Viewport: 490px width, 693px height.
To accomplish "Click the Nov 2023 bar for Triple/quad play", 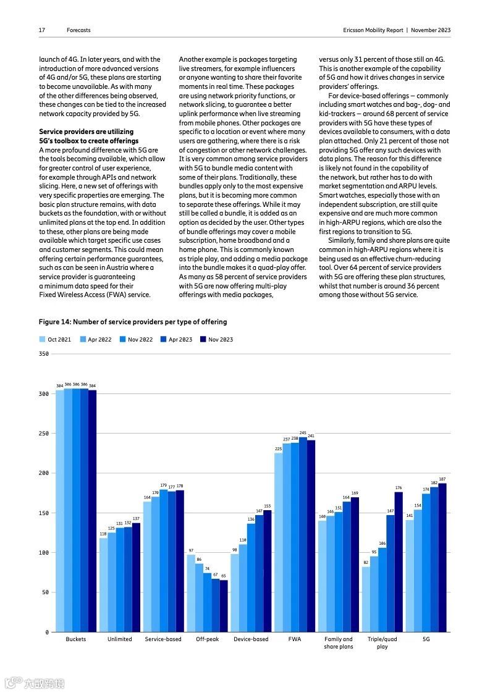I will (x=399, y=561).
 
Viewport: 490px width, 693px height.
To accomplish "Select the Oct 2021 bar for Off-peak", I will (x=191, y=593).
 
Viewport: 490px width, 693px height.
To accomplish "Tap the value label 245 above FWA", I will (x=303, y=433).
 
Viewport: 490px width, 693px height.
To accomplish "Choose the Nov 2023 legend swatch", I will (x=203, y=339).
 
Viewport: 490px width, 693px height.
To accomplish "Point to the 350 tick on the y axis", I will (x=43, y=354).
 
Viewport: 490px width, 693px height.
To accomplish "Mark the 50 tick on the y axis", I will (x=44, y=592).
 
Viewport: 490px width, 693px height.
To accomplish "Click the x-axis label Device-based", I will (x=251, y=639).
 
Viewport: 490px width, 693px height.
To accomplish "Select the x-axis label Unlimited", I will (x=119, y=639).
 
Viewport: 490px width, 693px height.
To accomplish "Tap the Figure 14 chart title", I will (x=132, y=322).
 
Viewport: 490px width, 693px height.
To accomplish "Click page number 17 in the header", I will (x=42, y=30).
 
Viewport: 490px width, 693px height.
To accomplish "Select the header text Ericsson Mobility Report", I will (x=373, y=30).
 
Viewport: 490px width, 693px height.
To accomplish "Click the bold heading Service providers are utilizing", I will (x=86, y=132).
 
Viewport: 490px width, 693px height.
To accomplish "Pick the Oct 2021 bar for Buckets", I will (x=60, y=511).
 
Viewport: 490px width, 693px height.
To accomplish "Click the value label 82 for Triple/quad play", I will (x=366, y=562).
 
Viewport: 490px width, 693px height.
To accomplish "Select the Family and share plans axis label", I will (x=338, y=642).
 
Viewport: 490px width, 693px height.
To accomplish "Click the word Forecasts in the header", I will (x=78, y=30).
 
